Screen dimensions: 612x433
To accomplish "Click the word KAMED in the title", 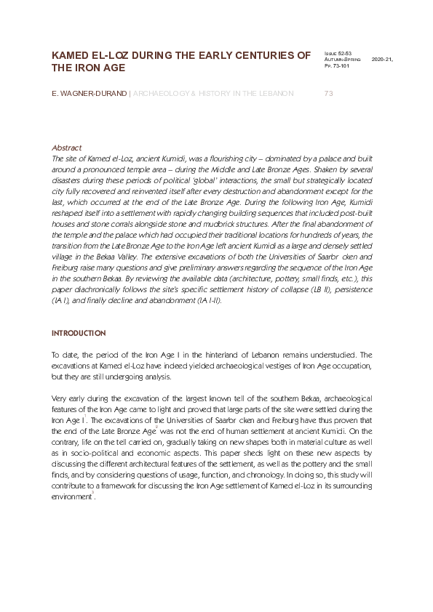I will [71, 55].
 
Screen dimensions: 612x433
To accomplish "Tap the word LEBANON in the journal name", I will [271, 94].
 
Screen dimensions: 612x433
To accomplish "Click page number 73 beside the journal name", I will [327, 94].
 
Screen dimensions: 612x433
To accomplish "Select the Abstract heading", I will [67, 148].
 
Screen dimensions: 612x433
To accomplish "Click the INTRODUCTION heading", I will [78, 333].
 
